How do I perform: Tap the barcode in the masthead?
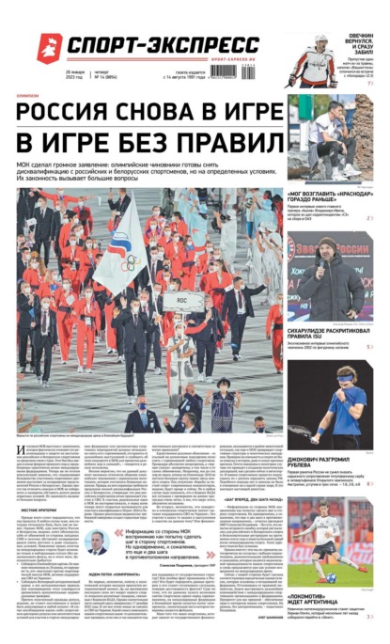point(231,71)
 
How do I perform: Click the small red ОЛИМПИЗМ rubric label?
point(27,96)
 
